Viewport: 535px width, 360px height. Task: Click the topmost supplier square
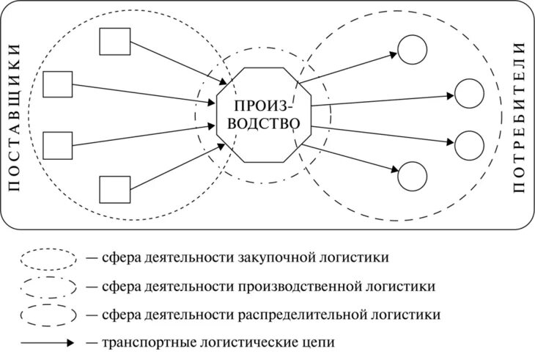coord(114,42)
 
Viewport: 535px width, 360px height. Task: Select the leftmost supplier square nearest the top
coord(58,84)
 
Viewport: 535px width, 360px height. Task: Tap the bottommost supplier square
coord(114,190)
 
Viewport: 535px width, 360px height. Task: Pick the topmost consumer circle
coord(412,49)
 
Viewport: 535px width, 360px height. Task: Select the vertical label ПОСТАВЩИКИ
coord(15,117)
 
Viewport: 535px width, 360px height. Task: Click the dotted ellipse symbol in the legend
coord(49,259)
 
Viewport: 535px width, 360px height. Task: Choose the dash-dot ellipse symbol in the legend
coord(49,286)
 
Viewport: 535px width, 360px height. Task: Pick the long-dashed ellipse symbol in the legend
coord(49,315)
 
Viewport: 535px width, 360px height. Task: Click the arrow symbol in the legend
coord(49,342)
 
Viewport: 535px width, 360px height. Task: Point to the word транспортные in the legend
coord(137,342)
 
